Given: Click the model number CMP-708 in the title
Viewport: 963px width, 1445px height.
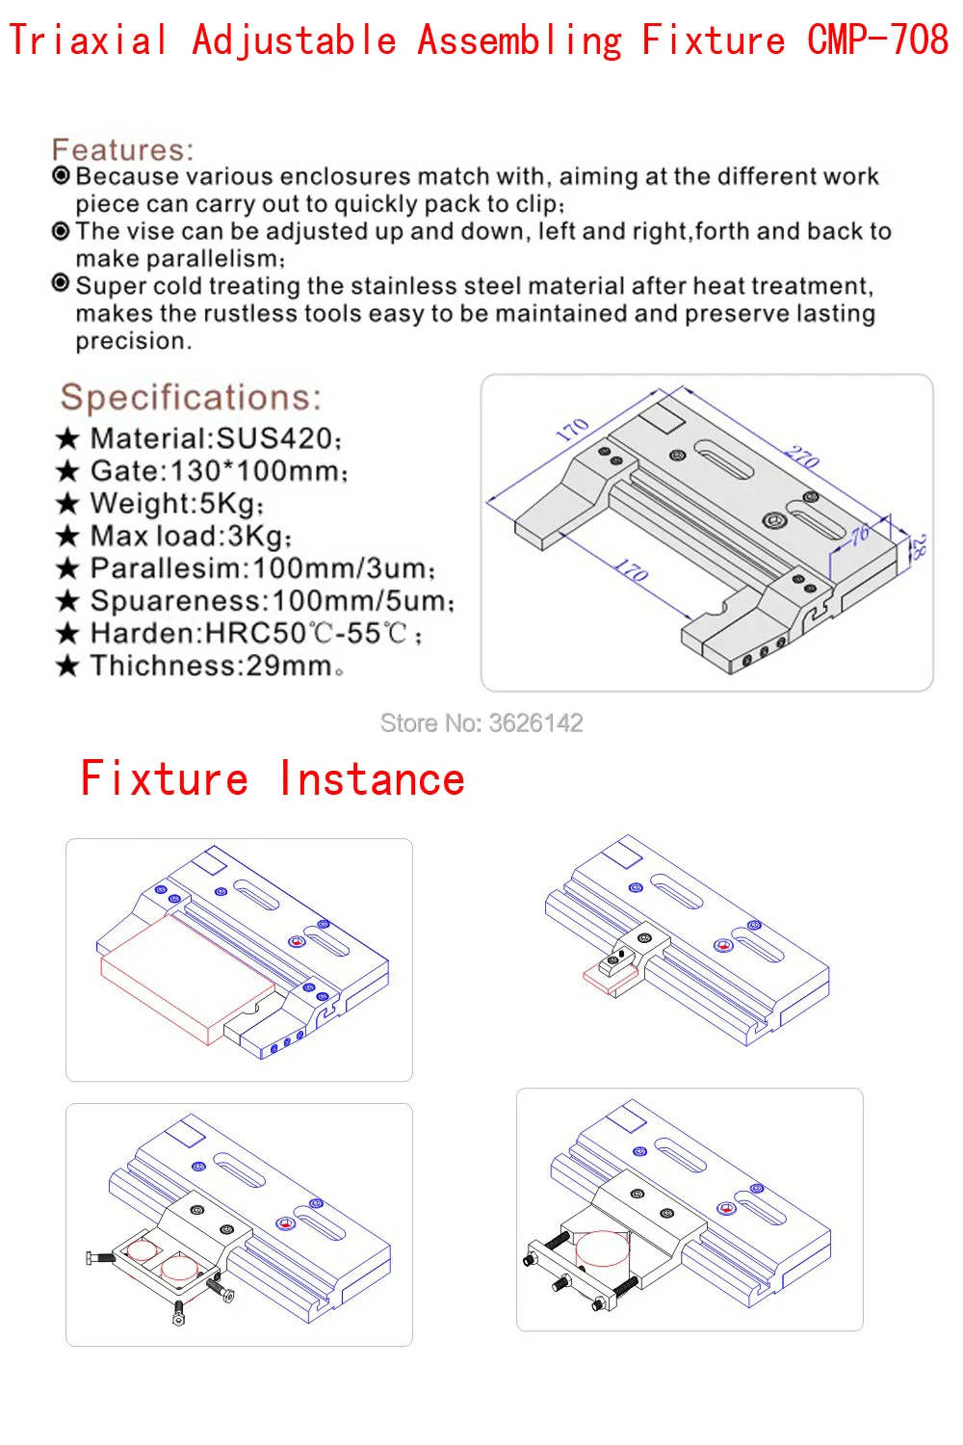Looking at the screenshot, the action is tap(878, 39).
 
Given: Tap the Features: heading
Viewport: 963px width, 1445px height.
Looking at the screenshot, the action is tap(122, 149).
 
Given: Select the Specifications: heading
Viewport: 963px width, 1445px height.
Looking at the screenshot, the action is tap(191, 397).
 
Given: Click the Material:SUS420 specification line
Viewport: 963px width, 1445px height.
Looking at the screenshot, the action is tap(216, 438).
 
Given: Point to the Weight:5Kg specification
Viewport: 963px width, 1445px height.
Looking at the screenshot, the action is tap(177, 503).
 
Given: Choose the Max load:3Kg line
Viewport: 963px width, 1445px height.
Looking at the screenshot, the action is tap(191, 536).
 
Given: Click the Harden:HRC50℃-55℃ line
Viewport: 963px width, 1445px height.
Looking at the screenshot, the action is tap(256, 634).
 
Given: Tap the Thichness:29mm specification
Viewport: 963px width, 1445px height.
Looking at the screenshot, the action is tap(217, 666).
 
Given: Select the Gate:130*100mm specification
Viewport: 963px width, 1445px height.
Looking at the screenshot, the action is tap(220, 471).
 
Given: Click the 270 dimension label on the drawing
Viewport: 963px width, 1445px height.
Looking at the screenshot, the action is tap(802, 457).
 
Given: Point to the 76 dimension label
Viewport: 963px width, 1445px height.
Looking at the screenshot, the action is tap(860, 535).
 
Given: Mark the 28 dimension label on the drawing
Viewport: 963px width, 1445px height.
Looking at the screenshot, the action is tap(919, 547).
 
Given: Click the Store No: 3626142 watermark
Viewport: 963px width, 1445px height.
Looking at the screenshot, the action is tap(481, 723).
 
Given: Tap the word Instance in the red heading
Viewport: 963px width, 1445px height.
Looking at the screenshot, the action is tap(372, 778).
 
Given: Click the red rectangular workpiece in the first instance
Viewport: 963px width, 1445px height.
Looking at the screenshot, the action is tap(187, 980).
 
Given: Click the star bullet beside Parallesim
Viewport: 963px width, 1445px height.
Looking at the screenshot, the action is tap(67, 569).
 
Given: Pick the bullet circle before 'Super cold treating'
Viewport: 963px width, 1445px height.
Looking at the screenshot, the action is tap(61, 283).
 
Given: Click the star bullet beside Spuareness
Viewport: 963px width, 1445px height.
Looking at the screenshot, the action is tap(67, 601).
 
